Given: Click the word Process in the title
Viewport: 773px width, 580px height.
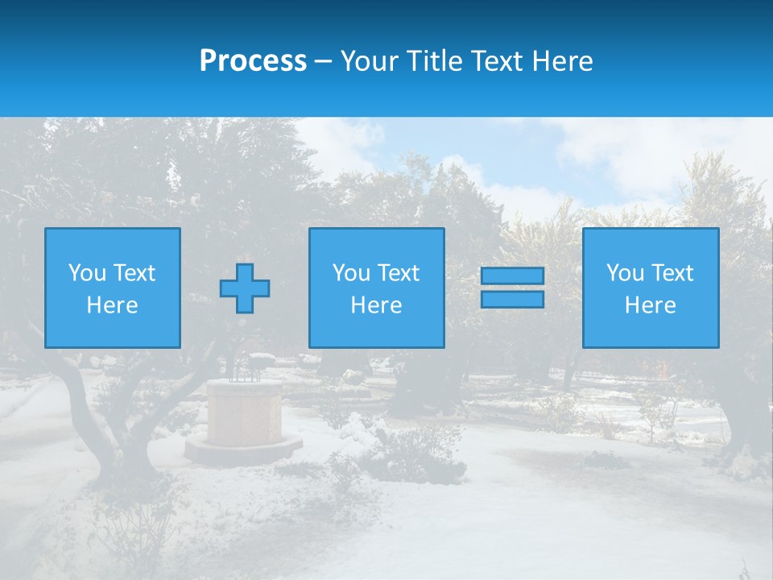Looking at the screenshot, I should click(x=253, y=61).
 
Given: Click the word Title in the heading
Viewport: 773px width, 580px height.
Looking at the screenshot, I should click(x=431, y=61).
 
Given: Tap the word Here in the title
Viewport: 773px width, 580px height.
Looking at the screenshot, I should click(x=561, y=61).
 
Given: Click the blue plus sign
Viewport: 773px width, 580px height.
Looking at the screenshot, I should click(x=245, y=288).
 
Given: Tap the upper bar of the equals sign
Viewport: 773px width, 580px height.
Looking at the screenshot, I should click(x=512, y=275).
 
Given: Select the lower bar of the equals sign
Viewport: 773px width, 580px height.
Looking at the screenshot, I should click(x=512, y=300).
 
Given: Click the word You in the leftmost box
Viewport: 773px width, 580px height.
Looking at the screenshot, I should click(x=87, y=273).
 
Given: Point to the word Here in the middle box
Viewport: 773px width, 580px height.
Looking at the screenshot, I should click(x=377, y=305).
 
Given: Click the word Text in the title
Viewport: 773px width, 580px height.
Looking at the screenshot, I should click(x=495, y=61).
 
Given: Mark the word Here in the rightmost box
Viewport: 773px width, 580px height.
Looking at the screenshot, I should click(x=651, y=305).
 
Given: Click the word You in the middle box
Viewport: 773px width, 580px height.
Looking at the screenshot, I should click(x=351, y=273).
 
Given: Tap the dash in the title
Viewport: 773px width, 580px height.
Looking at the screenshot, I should click(x=323, y=61).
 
